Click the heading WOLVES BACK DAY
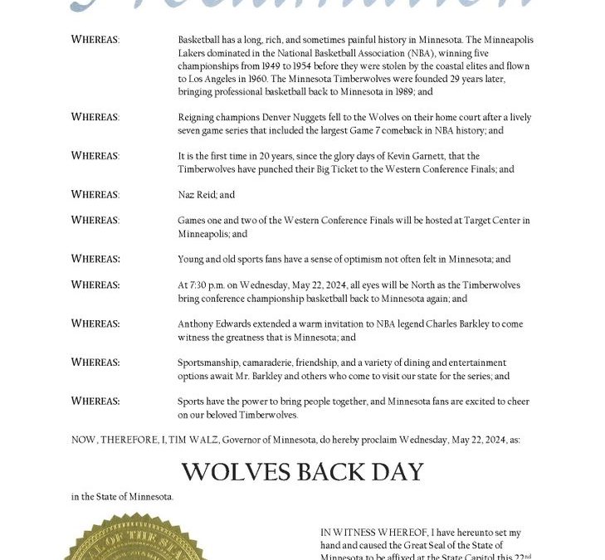point(302,472)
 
